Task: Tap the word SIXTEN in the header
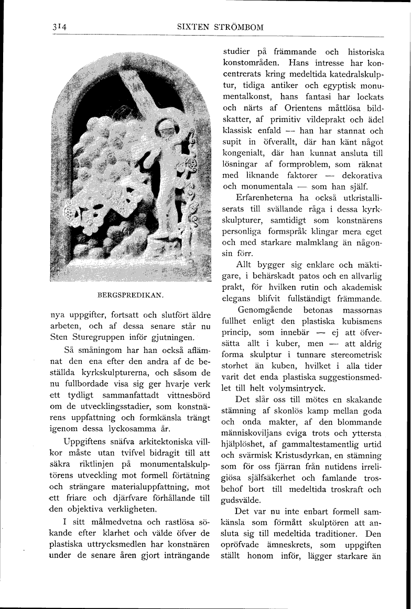tap(192, 27)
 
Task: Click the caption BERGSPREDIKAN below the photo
tap(131, 295)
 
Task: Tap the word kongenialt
tap(244, 154)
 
